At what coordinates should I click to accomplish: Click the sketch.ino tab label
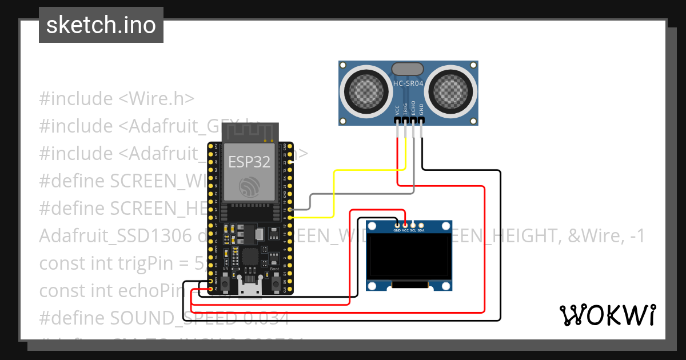(x=101, y=25)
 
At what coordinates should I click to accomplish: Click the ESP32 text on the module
(x=249, y=162)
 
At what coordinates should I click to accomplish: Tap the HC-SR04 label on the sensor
(x=408, y=84)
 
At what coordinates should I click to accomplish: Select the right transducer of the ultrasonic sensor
(x=452, y=90)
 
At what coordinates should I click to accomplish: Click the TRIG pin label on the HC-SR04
(x=405, y=109)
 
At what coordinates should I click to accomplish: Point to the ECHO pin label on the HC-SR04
(x=413, y=109)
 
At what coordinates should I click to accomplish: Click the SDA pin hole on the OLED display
(x=421, y=225)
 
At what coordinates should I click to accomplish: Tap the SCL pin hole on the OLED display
(x=413, y=225)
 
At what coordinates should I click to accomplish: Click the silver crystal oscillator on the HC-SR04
(x=408, y=69)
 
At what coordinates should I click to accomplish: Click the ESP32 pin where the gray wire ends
(x=290, y=210)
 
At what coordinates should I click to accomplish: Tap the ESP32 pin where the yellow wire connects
(x=290, y=218)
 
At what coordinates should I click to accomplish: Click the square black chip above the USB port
(x=250, y=257)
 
